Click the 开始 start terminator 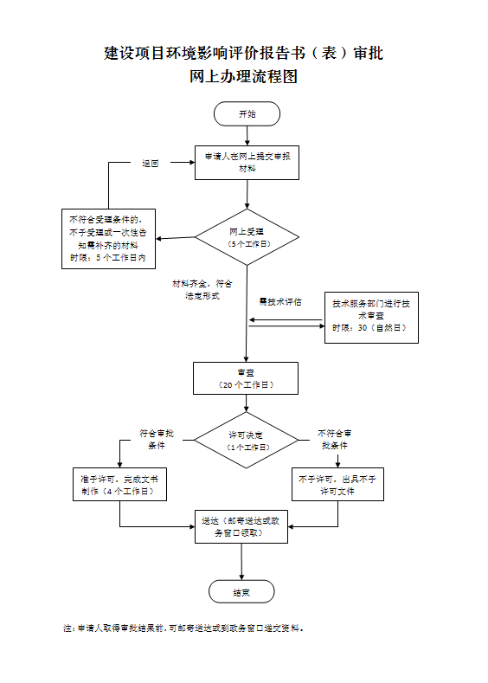coord(247,114)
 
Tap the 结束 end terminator coord(241,592)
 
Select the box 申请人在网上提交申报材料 coord(247,162)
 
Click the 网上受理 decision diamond coord(247,238)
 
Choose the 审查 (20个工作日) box coord(246,377)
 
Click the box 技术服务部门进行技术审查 coord(371,316)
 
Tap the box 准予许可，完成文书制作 coord(119,484)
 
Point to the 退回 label coord(151,163)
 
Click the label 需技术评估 coord(280,302)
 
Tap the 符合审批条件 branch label coord(157,439)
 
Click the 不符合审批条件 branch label coord(335,439)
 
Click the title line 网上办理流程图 coord(243,77)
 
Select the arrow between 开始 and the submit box coord(247,135)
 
